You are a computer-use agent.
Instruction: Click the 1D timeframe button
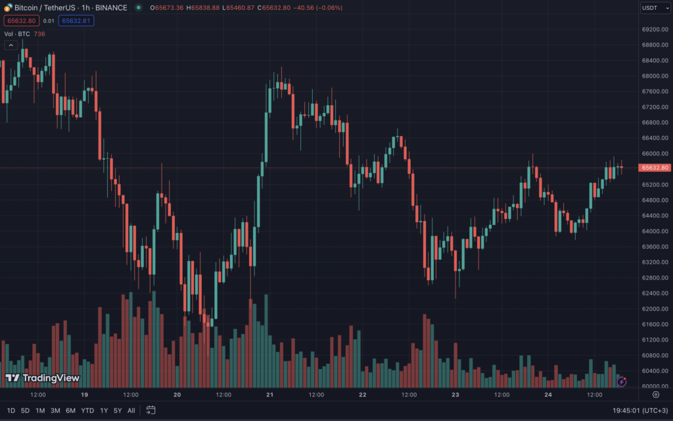(x=11, y=410)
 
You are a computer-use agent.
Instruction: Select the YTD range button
(x=87, y=410)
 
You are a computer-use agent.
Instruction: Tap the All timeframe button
(x=131, y=410)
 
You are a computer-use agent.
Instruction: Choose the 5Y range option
(x=117, y=410)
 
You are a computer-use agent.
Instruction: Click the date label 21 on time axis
(x=270, y=395)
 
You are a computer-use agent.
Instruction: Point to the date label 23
(x=455, y=395)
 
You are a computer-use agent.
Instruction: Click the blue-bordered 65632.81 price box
(x=76, y=20)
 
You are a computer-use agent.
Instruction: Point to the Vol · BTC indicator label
(x=16, y=34)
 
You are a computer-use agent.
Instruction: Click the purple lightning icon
(x=621, y=381)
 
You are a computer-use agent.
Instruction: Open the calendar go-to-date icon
(x=151, y=410)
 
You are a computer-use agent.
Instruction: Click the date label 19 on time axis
(x=84, y=395)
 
